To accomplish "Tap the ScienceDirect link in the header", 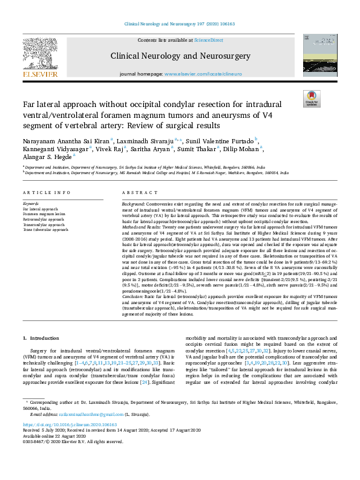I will tap(208, 40).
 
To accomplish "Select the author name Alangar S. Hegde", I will tap(46, 155).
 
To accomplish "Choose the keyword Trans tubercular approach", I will tap(45, 230).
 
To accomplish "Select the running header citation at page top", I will tap(180, 24).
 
